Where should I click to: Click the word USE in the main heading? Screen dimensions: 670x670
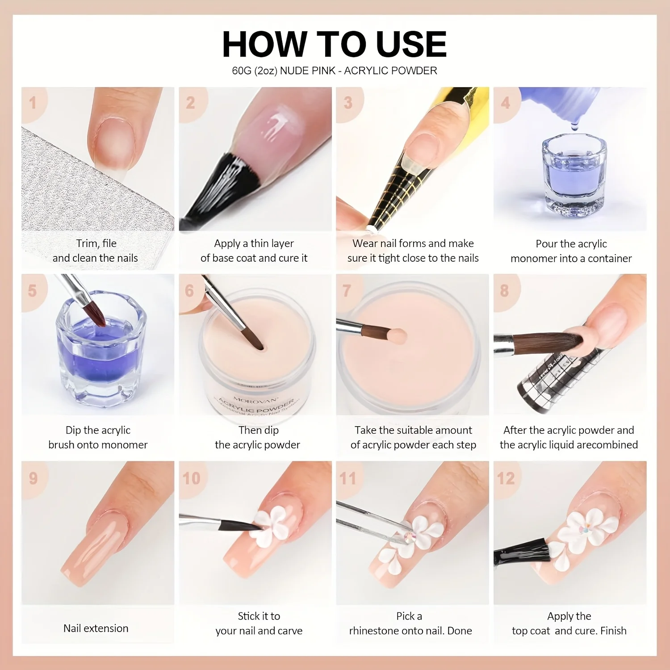411,44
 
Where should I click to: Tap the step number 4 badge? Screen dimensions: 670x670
505,103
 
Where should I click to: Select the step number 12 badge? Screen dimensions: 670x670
506,478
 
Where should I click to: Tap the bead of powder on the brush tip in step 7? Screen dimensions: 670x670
396,335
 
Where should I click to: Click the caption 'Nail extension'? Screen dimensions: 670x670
96,628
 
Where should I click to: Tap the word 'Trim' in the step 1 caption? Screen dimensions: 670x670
86,243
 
